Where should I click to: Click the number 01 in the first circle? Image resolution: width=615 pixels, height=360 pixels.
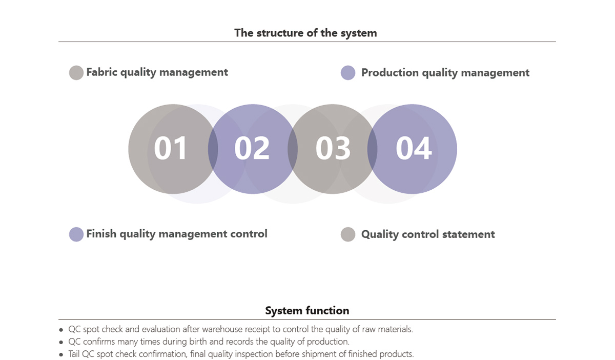coord(171,148)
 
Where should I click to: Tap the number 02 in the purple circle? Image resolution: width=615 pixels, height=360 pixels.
coord(252,148)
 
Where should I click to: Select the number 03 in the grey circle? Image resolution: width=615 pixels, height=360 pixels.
coord(333,148)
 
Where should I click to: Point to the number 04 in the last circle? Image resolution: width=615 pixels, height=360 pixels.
coord(414,148)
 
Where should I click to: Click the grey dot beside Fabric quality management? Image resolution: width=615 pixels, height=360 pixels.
coord(76,72)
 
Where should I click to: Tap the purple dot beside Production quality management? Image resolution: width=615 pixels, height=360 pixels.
coord(348,73)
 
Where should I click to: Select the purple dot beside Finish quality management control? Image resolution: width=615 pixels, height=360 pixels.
coord(76,234)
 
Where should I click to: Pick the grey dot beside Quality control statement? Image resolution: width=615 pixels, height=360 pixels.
coord(348,234)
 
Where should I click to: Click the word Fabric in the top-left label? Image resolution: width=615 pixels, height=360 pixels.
coord(102,72)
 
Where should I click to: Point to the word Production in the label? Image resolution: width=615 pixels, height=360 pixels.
coord(390,72)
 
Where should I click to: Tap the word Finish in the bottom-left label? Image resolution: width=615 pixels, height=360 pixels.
coord(101,233)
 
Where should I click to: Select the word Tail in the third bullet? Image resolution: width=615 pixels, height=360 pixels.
coord(74,354)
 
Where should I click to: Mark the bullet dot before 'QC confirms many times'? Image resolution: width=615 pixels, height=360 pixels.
coord(61,343)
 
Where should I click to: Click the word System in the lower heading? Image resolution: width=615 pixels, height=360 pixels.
coord(284,311)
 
